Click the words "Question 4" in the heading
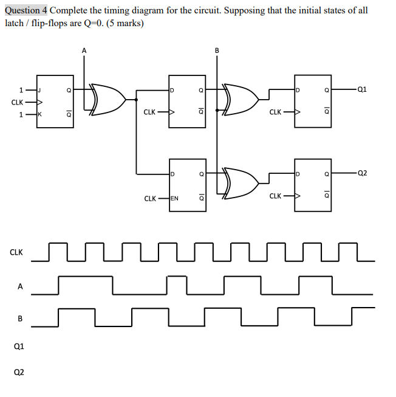click(x=26, y=11)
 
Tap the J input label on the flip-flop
click(x=40, y=90)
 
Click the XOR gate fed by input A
click(x=107, y=100)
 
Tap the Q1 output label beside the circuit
click(x=362, y=89)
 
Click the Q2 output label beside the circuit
click(x=362, y=173)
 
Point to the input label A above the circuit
click(x=84, y=50)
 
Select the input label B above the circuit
click(x=217, y=50)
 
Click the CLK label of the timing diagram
click(x=16, y=252)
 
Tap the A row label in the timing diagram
click(x=20, y=286)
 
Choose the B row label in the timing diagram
click(x=20, y=318)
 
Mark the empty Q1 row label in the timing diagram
click(x=19, y=346)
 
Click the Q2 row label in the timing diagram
click(x=19, y=372)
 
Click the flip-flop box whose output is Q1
click(x=313, y=101)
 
